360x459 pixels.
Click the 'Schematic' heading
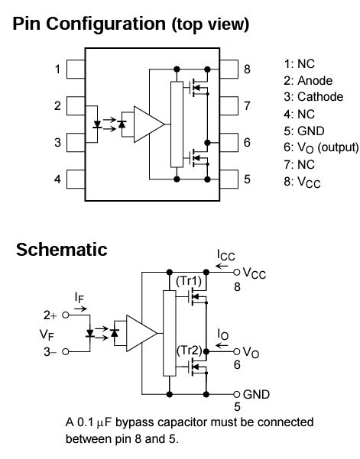tap(61, 250)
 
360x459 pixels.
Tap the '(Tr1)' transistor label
tap(190, 280)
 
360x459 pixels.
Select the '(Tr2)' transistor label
tap(190, 351)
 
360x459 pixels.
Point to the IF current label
tap(79, 297)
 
